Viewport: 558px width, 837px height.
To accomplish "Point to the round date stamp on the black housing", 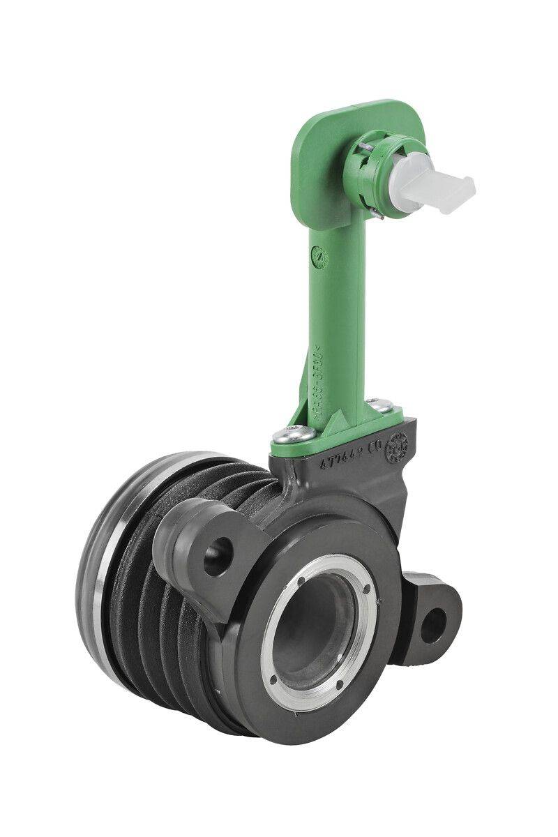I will pos(400,444).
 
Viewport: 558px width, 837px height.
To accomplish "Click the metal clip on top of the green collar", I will pos(366,148).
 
